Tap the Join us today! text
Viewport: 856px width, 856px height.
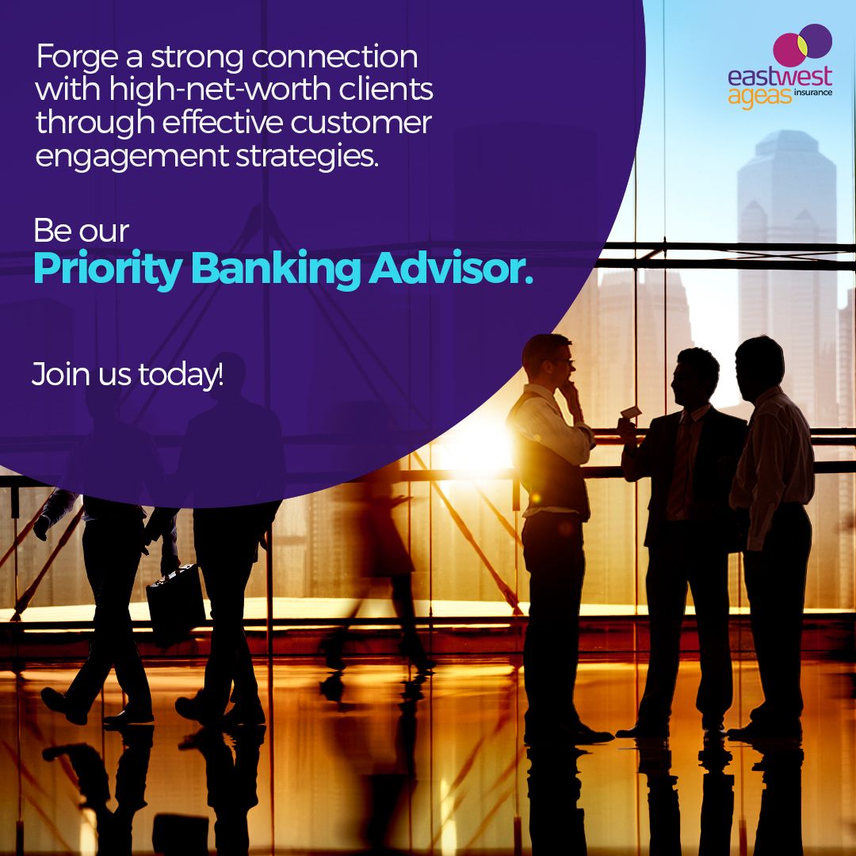[127, 373]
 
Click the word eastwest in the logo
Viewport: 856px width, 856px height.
[780, 78]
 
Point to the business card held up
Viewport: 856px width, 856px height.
[631, 412]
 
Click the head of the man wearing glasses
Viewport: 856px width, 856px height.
[549, 361]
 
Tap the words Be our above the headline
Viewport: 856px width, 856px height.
[81, 231]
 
